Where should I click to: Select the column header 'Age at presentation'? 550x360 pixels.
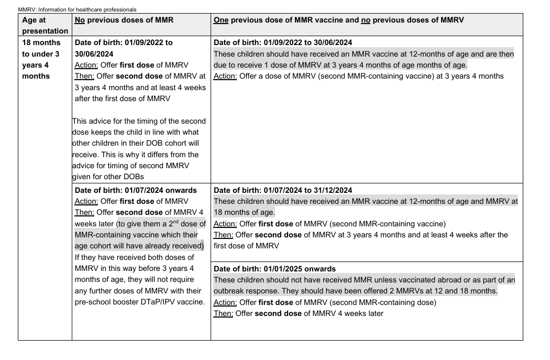(45, 25)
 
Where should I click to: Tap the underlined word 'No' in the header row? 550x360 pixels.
(80, 20)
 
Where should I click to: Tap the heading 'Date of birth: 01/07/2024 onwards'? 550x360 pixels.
(136, 190)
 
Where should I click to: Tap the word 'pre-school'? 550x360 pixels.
(93, 302)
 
